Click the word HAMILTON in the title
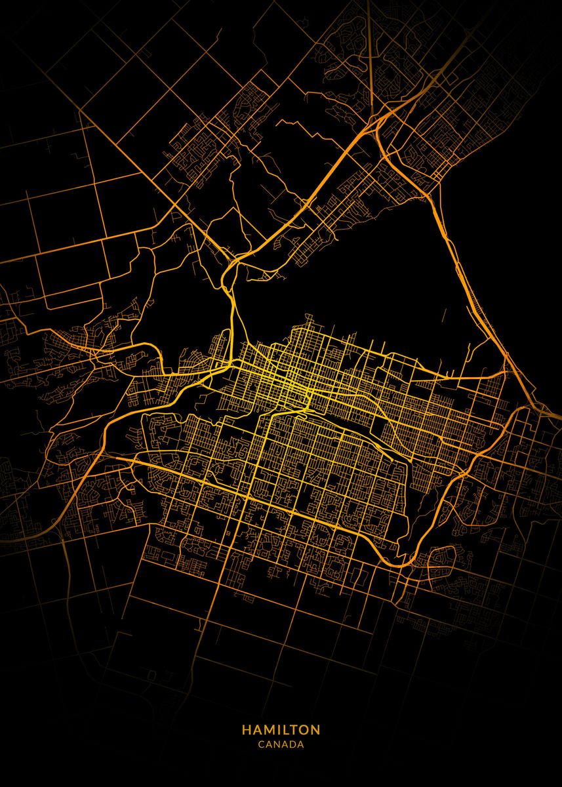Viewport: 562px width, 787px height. click(281, 729)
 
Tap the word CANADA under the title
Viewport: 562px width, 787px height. click(281, 745)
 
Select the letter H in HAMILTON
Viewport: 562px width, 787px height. click(246, 729)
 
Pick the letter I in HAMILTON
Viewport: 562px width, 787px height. click(277, 729)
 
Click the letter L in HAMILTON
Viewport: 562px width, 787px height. click(283, 729)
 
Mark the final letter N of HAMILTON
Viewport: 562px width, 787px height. click(315, 729)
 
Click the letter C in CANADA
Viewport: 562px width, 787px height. click(261, 745)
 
